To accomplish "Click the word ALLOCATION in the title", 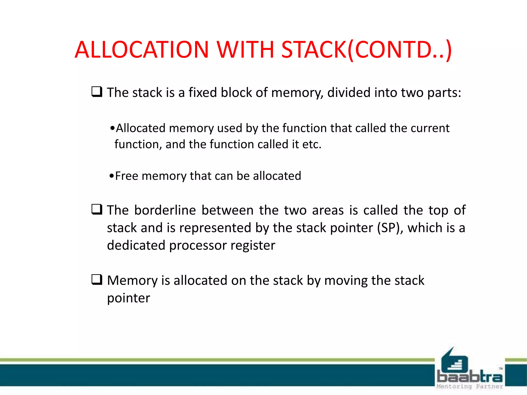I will coord(142,49).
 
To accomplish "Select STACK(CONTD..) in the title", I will coord(366,49).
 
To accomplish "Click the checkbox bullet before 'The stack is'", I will coord(97,92).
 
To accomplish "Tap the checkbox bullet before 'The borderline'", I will coord(97,210).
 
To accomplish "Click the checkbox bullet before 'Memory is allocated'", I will coord(97,280).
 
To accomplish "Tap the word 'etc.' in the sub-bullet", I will coord(312,144).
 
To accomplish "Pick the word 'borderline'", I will coord(165,210).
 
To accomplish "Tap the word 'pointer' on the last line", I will coord(128,298).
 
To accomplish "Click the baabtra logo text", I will coord(470,377).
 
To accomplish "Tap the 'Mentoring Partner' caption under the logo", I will coord(470,387).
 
